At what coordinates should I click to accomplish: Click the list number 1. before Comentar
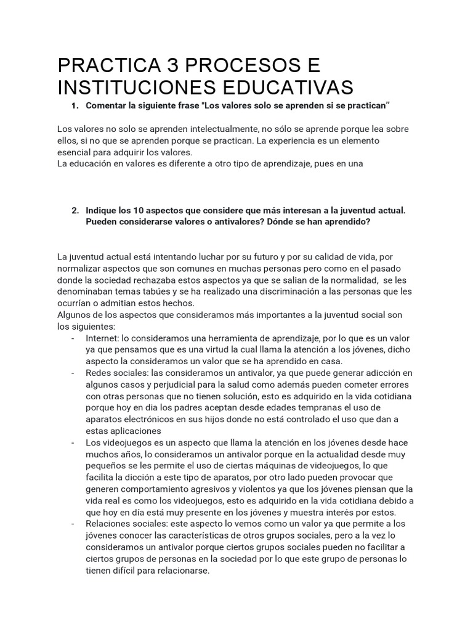[x=75, y=106]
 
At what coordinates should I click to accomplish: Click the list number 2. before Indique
[x=75, y=210]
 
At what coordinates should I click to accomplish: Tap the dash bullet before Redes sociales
[x=73, y=373]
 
